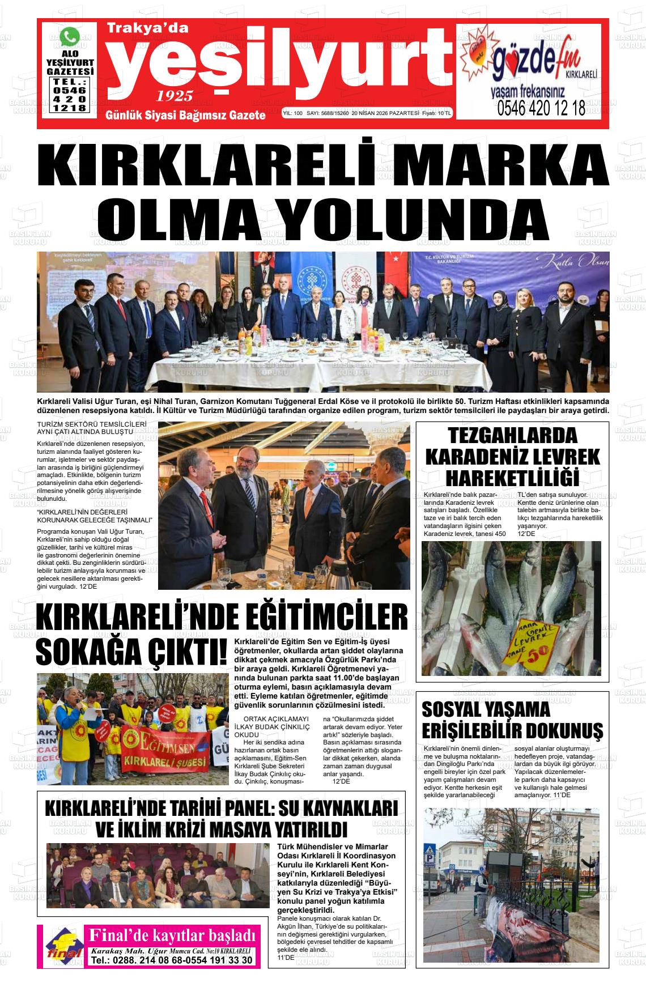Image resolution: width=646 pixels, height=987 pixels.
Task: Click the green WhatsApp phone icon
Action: click(x=70, y=37)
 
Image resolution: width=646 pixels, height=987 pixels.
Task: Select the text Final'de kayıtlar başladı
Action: click(x=170, y=934)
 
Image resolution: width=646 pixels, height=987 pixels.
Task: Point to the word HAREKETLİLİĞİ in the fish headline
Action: click(x=512, y=478)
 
